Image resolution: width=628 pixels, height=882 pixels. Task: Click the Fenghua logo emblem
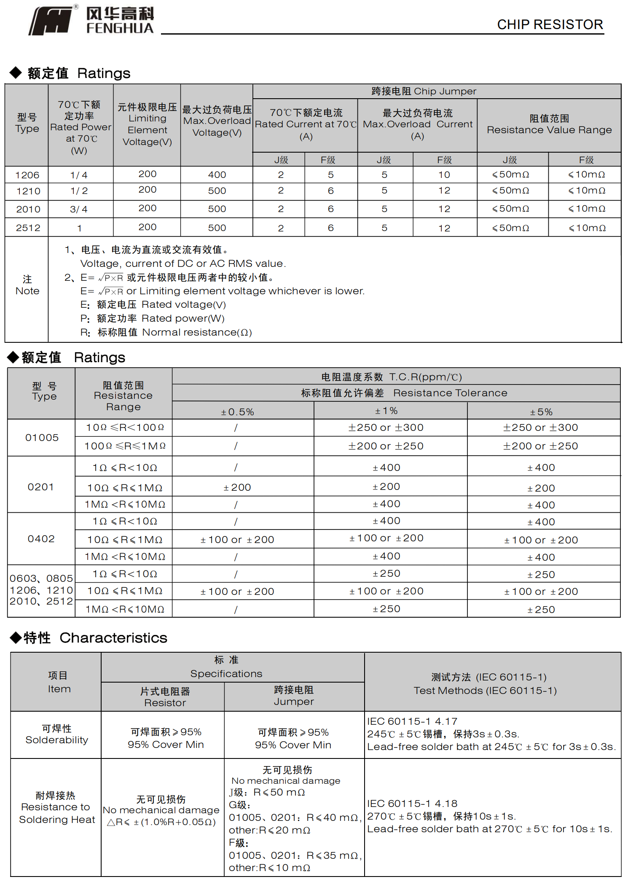click(51, 20)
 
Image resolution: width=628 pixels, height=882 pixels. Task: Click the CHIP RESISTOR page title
click(550, 24)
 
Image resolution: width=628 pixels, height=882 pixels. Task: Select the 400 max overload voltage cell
click(217, 175)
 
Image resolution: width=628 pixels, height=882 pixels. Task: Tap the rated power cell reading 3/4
click(79, 209)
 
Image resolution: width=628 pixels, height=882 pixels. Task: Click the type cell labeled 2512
click(28, 228)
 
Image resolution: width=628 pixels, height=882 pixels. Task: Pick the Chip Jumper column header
click(424, 91)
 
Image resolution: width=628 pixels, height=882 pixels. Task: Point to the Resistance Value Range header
click(549, 125)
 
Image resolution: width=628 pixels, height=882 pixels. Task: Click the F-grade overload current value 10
click(444, 175)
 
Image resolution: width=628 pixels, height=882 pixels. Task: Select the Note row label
click(27, 285)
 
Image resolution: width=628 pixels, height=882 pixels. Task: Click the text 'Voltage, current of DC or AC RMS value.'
click(183, 264)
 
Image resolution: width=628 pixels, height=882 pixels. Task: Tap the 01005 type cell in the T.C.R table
click(42, 438)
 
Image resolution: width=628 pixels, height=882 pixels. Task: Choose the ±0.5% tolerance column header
click(237, 411)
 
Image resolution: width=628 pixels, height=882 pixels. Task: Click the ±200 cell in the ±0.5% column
click(237, 487)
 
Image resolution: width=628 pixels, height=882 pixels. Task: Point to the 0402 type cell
click(41, 539)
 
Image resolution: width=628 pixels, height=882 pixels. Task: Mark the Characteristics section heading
click(95, 637)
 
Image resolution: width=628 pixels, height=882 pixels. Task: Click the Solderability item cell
click(56, 734)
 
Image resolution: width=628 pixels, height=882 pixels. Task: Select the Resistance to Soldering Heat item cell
click(56, 807)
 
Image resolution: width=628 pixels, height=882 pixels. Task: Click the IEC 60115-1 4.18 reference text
click(412, 804)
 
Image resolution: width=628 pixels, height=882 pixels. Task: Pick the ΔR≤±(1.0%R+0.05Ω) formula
click(161, 822)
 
